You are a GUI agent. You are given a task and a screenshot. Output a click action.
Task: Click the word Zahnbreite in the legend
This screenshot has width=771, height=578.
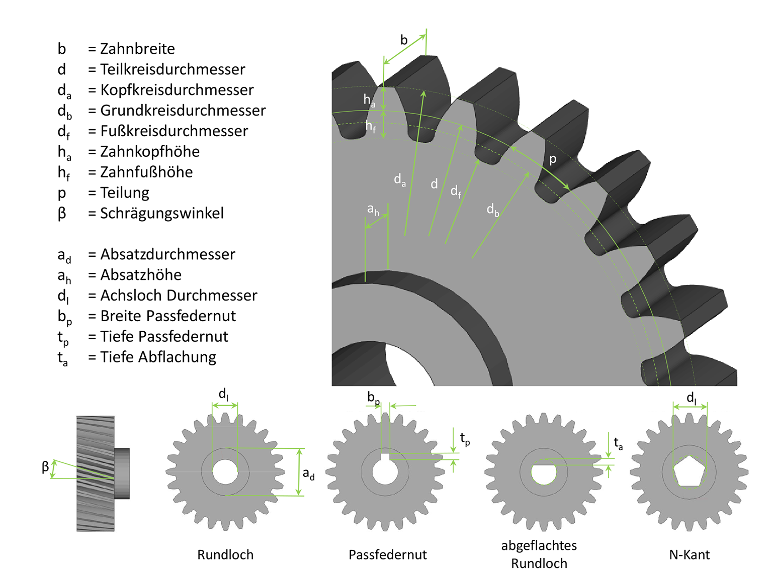[137, 49]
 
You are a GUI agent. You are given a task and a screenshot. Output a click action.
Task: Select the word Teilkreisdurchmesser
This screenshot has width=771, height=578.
[173, 69]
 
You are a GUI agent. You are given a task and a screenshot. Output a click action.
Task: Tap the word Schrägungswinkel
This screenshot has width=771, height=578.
[161, 213]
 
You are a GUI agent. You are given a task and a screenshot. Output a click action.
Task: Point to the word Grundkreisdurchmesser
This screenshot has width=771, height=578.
[183, 111]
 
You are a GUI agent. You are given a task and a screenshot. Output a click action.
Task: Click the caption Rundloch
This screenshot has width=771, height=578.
[225, 554]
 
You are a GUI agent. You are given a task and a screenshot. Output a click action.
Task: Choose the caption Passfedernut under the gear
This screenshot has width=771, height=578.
[388, 554]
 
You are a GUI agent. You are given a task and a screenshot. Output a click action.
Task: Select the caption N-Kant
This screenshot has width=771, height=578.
[689, 554]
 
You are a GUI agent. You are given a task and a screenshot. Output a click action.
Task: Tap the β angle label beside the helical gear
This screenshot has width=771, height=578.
[45, 467]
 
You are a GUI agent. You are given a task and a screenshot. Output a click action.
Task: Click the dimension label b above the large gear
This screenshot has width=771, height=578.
[404, 40]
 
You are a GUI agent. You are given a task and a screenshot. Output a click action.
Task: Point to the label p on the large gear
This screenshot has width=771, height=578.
[553, 159]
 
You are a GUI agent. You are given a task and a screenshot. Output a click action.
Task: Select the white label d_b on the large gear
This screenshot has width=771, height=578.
[493, 210]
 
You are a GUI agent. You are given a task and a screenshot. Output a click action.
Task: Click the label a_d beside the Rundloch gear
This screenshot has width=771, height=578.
[308, 473]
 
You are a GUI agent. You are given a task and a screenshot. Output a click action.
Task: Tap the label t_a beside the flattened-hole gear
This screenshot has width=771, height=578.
[618, 444]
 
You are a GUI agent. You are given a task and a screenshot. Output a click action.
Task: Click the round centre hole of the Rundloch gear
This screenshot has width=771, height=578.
[225, 471]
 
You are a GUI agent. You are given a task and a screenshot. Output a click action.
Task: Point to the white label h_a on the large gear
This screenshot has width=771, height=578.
[369, 101]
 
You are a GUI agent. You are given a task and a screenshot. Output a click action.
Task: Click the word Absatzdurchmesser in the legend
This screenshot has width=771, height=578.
[167, 254]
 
